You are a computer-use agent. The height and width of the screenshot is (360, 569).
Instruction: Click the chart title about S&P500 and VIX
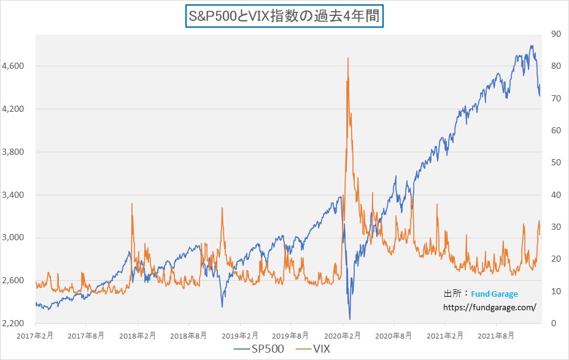[284, 16]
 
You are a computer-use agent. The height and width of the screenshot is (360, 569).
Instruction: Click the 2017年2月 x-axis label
[36, 335]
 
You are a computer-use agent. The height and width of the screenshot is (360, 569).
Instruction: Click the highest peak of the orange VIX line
[348, 58]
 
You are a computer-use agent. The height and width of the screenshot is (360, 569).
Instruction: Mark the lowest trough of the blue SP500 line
[350, 319]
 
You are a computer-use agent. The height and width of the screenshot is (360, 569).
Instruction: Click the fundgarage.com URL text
[490, 307]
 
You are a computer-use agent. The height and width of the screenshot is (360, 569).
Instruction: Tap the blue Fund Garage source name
[495, 294]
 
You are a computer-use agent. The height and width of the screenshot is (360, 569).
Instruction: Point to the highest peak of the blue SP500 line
[532, 45]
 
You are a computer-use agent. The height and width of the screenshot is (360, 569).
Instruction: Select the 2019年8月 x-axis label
[291, 335]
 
